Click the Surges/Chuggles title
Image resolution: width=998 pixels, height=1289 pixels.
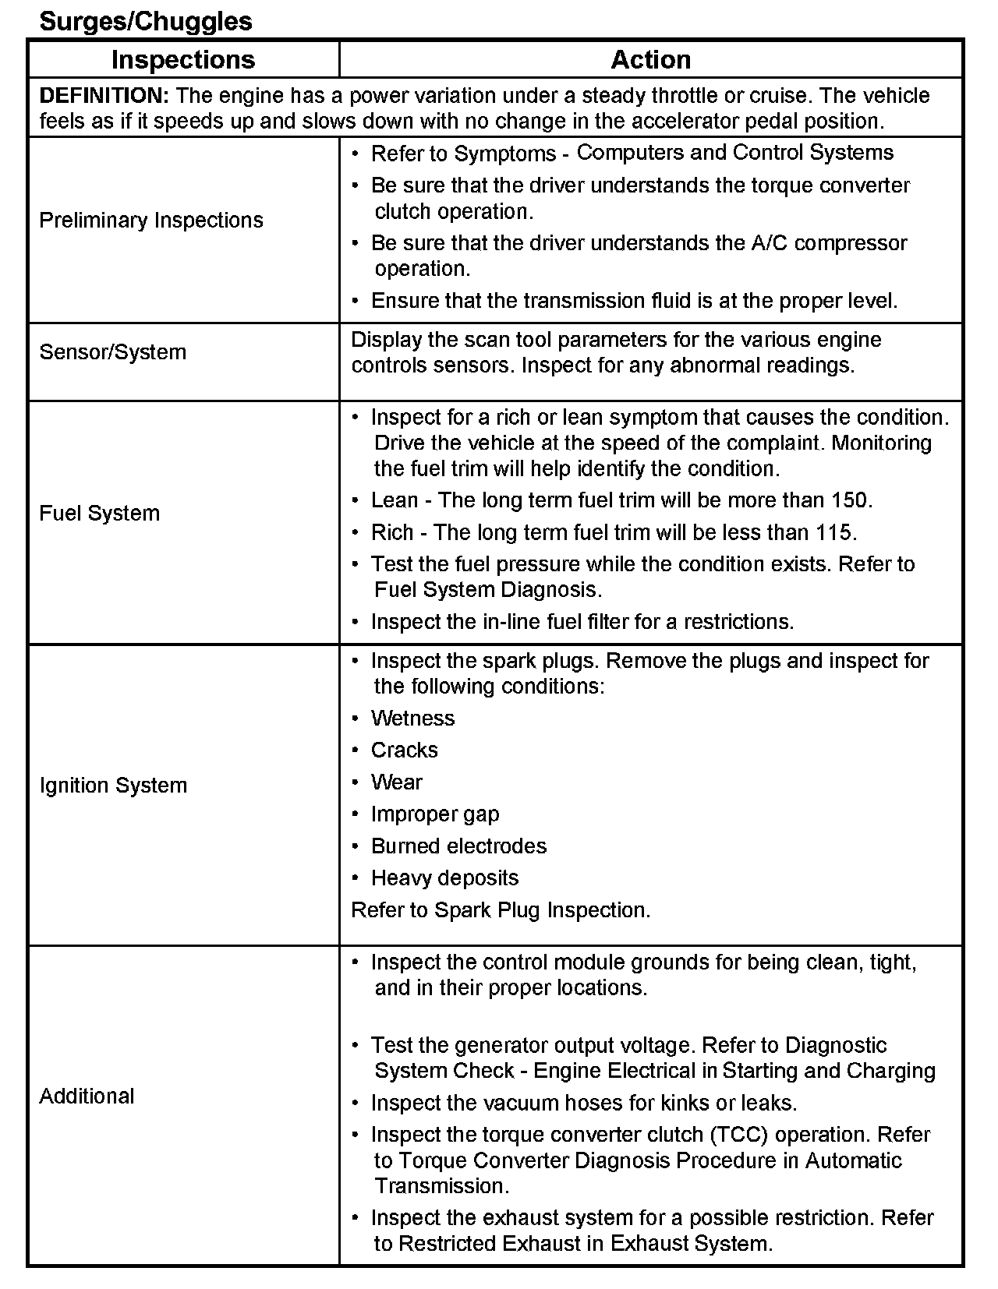tap(146, 22)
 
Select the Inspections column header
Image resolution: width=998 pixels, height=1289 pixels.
tap(183, 60)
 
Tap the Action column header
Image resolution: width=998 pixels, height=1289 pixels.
tap(650, 60)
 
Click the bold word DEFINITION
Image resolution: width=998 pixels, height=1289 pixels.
tap(104, 96)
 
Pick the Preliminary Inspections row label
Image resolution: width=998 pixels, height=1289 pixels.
tap(151, 221)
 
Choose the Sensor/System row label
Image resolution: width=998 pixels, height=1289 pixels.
tap(113, 352)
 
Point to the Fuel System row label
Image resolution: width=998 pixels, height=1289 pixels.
tap(100, 514)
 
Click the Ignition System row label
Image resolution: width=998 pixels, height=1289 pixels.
tap(113, 786)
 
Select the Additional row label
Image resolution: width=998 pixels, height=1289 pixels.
tap(87, 1097)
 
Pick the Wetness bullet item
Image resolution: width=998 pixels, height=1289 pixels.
tap(412, 719)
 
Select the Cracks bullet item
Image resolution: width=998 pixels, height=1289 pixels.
tap(405, 750)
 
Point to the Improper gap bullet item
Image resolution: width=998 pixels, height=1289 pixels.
tap(435, 814)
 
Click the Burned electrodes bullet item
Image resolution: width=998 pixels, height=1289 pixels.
tap(458, 846)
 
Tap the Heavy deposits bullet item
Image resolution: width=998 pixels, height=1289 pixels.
tap(444, 878)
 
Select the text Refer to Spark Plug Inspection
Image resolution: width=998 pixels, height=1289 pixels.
tap(501, 910)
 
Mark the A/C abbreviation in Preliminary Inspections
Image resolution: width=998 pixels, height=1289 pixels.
tap(770, 243)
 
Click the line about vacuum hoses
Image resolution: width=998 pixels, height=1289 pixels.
tap(583, 1104)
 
